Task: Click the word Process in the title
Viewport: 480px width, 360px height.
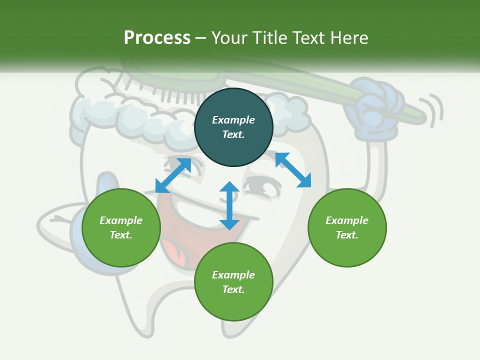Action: coord(157,38)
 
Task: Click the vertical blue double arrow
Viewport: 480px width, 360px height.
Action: coord(229,205)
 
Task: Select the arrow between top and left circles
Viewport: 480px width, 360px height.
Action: coord(173,175)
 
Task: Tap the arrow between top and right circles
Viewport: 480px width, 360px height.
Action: coord(293,170)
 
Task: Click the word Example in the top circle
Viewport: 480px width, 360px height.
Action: coord(233,120)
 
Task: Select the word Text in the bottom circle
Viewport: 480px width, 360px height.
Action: coord(233,289)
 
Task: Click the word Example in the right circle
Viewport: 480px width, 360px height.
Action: coord(347,220)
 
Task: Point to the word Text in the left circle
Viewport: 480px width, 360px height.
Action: coord(121,235)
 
